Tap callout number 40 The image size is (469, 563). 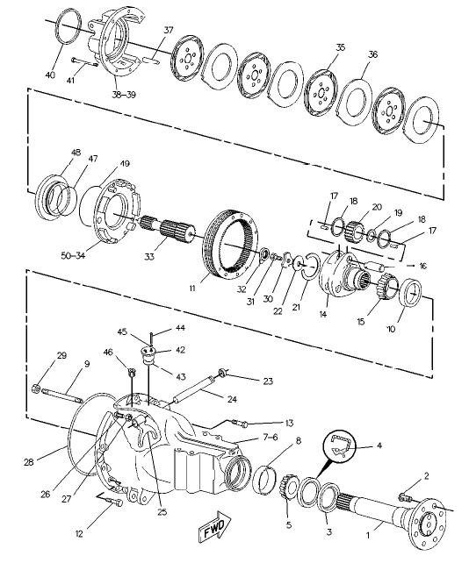(x=50, y=75)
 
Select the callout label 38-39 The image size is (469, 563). (x=124, y=95)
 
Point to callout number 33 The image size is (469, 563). (x=149, y=256)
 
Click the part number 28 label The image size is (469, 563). (x=29, y=462)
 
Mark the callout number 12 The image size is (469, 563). (x=79, y=533)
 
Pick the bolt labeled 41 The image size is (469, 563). (x=85, y=62)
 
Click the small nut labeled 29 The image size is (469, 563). (x=36, y=388)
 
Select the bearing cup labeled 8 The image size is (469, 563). (x=264, y=478)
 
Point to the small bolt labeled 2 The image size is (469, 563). (x=405, y=497)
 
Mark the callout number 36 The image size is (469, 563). (x=373, y=54)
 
